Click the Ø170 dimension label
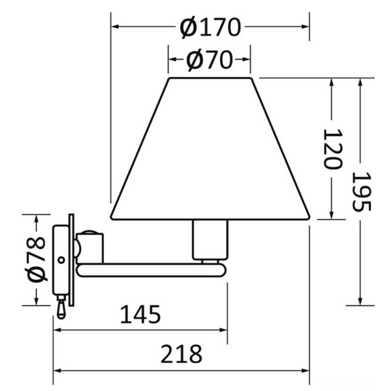tap(210, 27)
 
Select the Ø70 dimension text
tap(210, 60)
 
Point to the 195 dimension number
tap(362, 191)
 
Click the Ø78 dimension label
tap(36, 260)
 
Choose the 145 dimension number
tap(141, 315)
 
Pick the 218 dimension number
tap(181, 354)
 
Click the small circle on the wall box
tap(61, 260)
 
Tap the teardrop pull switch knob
tap(61, 310)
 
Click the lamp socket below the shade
tap(210, 240)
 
